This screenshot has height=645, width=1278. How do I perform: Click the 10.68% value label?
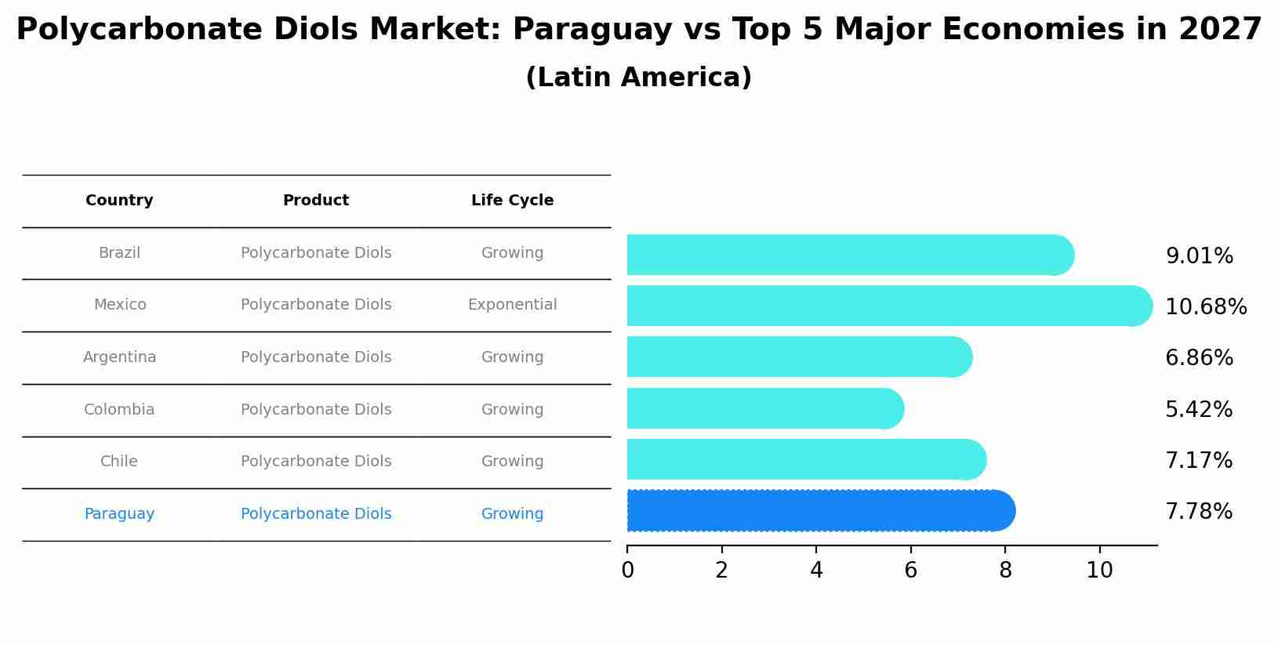(1205, 307)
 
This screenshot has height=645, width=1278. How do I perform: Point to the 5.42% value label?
(1198, 410)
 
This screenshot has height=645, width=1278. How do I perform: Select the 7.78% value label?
(1198, 512)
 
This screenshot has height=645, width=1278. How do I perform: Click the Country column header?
(119, 201)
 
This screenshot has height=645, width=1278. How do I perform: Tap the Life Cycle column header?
(512, 201)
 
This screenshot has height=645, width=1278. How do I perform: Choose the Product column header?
(315, 201)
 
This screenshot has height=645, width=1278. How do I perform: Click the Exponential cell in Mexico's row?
(512, 305)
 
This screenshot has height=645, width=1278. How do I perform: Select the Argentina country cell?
(119, 357)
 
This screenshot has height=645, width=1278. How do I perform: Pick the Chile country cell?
(119, 462)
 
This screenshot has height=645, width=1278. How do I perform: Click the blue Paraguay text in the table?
(119, 514)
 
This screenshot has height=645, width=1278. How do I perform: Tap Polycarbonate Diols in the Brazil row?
(315, 253)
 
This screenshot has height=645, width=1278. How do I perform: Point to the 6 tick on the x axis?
(910, 571)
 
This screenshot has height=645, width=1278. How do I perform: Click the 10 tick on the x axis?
(1099, 571)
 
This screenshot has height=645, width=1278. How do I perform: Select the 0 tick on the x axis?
(627, 571)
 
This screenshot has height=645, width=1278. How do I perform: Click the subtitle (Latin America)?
(638, 78)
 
